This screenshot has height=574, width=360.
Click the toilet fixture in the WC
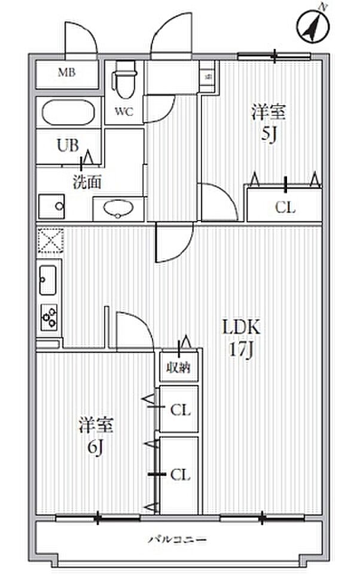pyautogui.click(x=124, y=84)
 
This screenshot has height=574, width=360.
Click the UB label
pyautogui.click(x=67, y=145)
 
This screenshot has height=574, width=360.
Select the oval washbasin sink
pyautogui.click(x=118, y=209)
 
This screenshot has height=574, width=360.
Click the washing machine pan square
pyautogui.click(x=52, y=207)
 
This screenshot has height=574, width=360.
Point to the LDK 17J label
pyautogui.click(x=241, y=337)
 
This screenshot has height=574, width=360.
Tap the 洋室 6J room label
pyautogui.click(x=96, y=436)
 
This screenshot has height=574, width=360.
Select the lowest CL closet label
pyautogui.click(x=180, y=475)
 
